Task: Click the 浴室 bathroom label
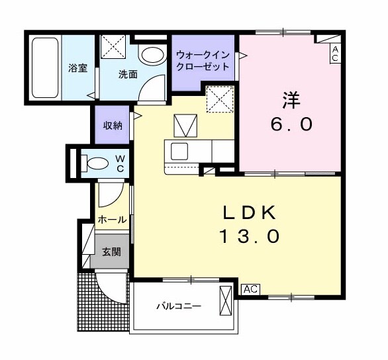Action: point(77,67)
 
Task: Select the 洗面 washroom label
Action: point(128,74)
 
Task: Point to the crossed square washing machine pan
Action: point(113,47)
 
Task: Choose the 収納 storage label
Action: point(112,125)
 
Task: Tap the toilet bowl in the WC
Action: point(93,161)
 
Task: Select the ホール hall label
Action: point(112,220)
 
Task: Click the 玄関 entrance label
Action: point(111,251)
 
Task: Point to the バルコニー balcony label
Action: point(178,306)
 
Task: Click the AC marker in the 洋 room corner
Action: point(335,54)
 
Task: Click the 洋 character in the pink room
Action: point(291,101)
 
